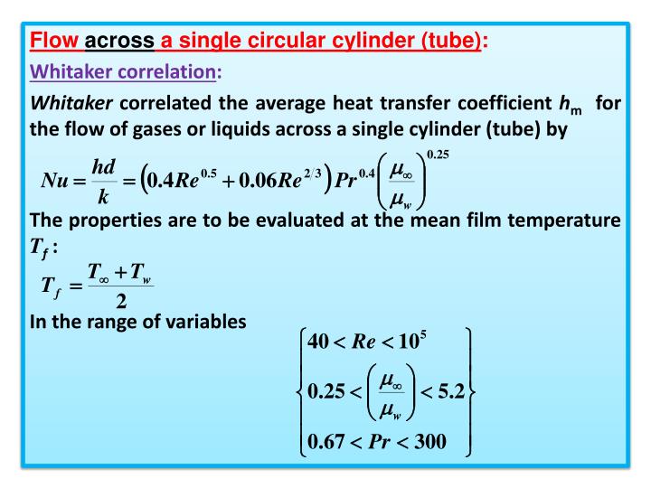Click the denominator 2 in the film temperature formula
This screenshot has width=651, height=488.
click(x=121, y=298)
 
